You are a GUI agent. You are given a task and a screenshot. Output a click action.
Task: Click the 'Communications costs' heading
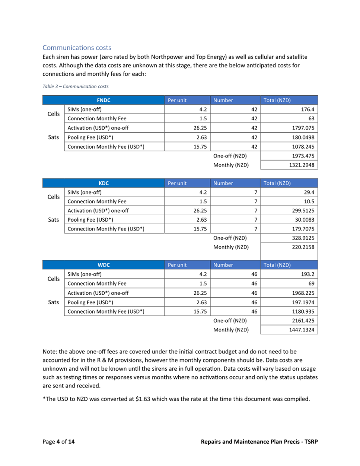coord(77,48)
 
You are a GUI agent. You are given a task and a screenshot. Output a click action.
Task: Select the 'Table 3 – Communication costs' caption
coord(76,86)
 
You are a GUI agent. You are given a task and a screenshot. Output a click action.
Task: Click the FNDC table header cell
coord(103,100)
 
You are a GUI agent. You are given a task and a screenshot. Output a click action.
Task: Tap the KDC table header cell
coord(103,183)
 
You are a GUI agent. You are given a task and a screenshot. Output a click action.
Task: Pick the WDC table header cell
coord(103,265)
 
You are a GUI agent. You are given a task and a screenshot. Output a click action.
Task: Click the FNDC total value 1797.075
coord(303,128)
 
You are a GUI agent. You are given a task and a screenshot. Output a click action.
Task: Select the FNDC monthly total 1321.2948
coord(302,165)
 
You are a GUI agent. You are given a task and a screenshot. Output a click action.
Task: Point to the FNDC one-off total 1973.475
coord(303,156)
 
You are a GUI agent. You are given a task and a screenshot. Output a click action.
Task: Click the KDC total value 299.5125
coord(303,210)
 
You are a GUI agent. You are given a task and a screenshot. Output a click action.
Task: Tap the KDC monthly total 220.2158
coord(303,247)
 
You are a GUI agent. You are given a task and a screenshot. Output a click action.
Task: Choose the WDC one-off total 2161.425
coord(303,320)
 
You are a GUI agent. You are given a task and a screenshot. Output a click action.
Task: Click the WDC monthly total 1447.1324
coord(302,330)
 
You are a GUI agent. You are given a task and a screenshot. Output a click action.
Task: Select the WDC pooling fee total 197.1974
coord(303,302)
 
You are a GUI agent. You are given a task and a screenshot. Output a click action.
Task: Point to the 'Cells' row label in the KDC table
coord(54,197)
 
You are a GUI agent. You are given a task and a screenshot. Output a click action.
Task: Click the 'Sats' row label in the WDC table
coord(54,302)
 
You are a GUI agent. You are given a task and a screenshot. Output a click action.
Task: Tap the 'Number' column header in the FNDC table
coord(223,100)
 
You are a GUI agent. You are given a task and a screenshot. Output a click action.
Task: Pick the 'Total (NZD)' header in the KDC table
coord(277,183)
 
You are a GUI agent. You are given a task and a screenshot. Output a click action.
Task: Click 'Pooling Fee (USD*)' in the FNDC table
coord(90,137)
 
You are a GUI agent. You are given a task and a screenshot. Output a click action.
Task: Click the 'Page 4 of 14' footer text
coord(58,442)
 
